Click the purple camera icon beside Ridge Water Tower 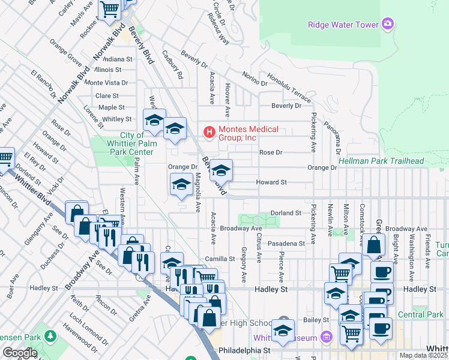pos(388,25)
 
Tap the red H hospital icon pos(209,131)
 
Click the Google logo pos(20,353)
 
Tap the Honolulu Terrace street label pos(289,89)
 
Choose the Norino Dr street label pos(255,78)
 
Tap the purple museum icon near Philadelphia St pos(326,338)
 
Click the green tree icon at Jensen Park pos(51,334)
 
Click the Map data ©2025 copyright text pos(423,355)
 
